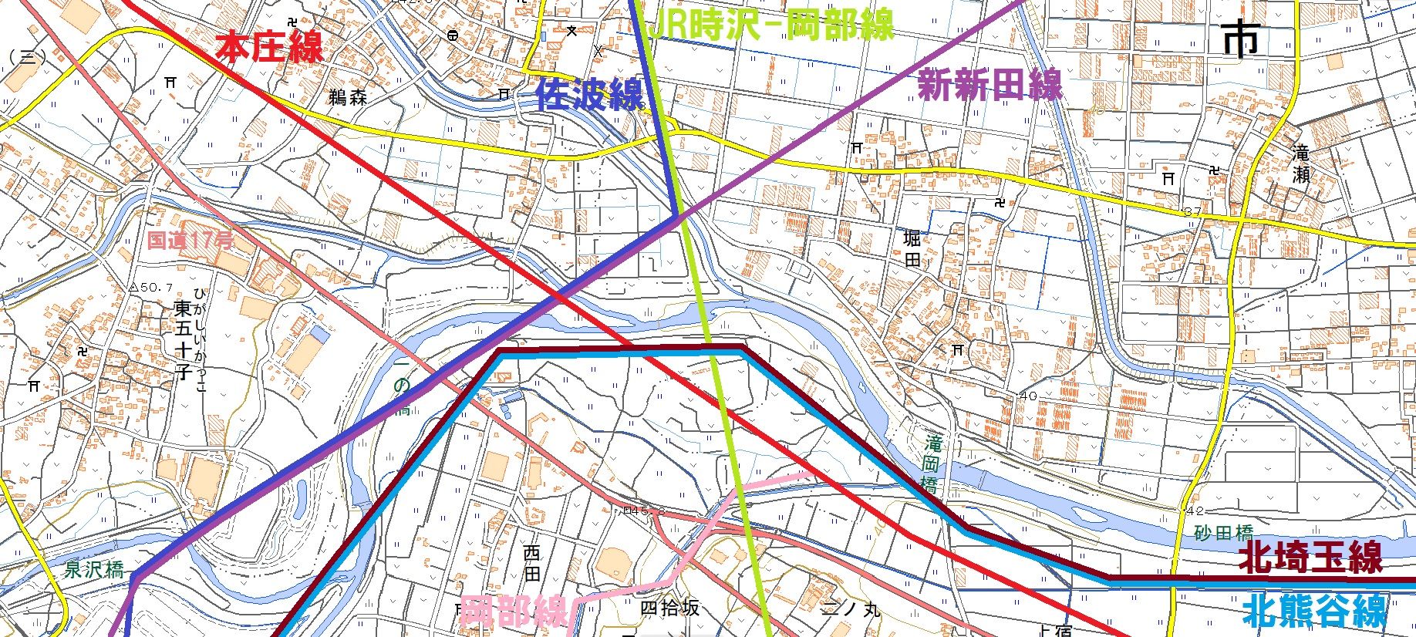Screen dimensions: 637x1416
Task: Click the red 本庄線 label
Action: [269, 48]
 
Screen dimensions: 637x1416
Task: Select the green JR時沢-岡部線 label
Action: [771, 25]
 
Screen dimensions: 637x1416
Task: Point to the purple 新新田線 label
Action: [990, 85]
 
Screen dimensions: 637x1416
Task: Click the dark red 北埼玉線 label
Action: [1310, 557]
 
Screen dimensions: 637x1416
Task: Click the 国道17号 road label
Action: [190, 241]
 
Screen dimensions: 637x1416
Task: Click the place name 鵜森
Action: [347, 98]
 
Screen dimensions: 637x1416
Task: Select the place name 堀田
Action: [912, 249]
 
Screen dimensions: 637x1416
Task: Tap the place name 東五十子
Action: [183, 341]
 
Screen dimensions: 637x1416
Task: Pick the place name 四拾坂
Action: [670, 608]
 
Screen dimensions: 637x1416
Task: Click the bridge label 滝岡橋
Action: [932, 463]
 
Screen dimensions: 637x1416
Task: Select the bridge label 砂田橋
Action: [1224, 533]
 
